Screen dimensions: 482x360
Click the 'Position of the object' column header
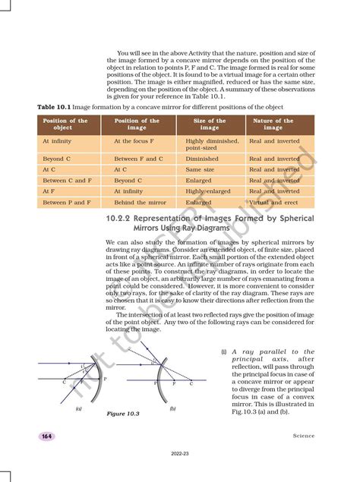pyautogui.click(x=65, y=124)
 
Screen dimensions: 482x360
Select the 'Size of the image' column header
pyautogui.click(x=210, y=124)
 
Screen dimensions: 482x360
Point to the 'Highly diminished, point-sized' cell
pyautogui.click(x=213, y=145)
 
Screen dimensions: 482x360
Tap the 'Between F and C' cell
pyautogui.click(x=139, y=159)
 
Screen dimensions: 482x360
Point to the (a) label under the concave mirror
pyautogui.click(x=78, y=408)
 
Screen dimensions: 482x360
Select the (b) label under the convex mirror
pyautogui.click(x=173, y=408)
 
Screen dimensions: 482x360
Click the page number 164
pyautogui.click(x=46, y=436)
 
